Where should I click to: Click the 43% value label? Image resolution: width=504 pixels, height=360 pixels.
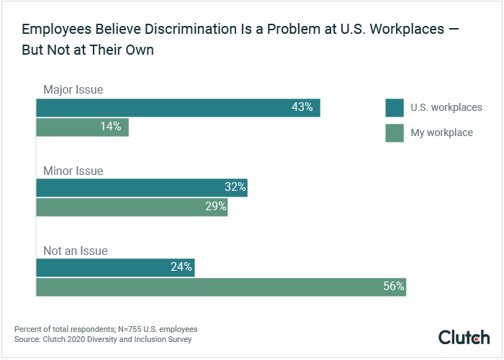(302, 107)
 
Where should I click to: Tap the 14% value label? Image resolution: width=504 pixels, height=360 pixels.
(110, 127)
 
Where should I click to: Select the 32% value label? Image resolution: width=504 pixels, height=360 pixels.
(235, 188)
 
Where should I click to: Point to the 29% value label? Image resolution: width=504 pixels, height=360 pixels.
(216, 207)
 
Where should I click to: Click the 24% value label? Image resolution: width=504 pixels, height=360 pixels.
(181, 268)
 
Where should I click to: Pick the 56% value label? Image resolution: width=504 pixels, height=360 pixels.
(394, 287)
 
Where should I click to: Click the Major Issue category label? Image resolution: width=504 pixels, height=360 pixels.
(73, 90)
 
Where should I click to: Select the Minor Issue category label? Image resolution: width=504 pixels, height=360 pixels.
(73, 171)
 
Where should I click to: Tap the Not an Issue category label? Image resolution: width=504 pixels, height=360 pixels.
(75, 251)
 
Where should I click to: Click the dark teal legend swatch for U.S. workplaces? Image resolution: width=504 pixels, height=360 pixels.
(394, 107)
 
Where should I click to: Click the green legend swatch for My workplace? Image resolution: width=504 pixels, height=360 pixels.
(394, 132)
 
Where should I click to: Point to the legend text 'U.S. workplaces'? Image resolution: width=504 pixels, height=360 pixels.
(446, 107)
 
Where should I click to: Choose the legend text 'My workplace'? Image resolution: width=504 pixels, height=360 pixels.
(441, 132)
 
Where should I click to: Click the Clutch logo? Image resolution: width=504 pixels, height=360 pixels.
(464, 337)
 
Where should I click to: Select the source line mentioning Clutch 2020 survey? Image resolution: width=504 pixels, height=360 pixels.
(103, 339)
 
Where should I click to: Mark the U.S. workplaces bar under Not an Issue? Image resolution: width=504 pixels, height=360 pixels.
(115, 268)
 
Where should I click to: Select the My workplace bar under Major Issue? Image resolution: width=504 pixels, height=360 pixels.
(82, 127)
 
